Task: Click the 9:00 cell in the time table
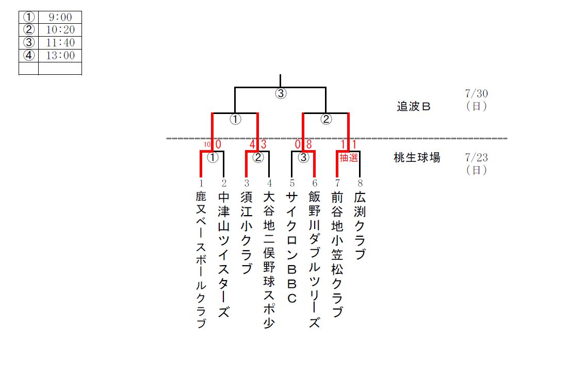60,17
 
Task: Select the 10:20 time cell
60,30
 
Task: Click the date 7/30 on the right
476,94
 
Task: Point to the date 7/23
476,157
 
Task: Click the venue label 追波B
413,107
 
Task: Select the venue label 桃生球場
417,158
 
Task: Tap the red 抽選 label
349,158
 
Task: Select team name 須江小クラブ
247,233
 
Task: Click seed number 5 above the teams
292,183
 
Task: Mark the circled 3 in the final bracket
280,94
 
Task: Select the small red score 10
207,145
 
